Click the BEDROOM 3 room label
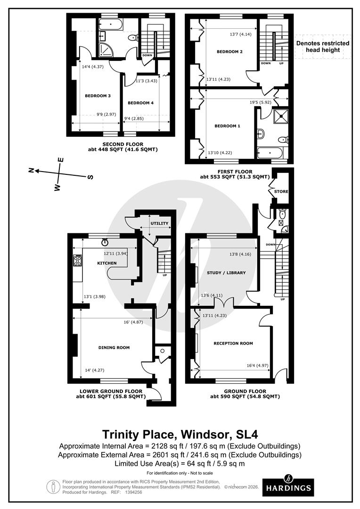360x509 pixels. point(98,96)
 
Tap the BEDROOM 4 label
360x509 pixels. point(140,103)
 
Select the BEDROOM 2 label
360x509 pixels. point(229,52)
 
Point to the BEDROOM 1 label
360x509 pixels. point(227,126)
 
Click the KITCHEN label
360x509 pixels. point(107,263)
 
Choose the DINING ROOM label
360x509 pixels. point(114,347)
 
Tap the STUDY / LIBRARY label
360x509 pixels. point(226,273)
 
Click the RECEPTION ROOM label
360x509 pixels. point(233,343)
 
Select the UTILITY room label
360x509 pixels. point(159,223)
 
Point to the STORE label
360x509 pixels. point(281,191)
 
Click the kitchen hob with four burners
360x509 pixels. point(78,261)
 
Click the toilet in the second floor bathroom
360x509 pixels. point(133,38)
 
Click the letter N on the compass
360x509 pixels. point(32,170)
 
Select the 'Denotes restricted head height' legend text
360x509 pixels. point(323,46)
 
